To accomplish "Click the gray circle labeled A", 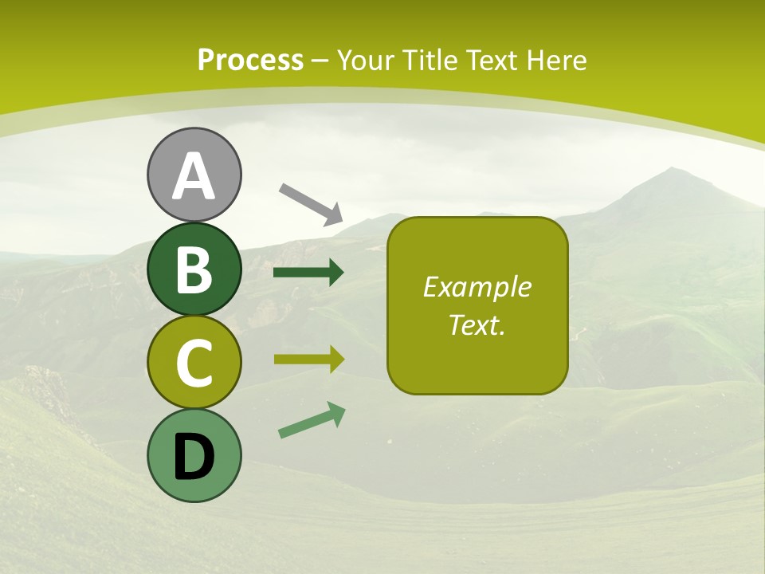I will point(194,175).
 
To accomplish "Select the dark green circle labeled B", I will point(194,269).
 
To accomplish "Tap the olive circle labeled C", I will point(194,362).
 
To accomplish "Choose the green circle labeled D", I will point(194,455).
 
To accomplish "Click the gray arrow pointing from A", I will point(311,203).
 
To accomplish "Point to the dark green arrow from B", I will point(308,273).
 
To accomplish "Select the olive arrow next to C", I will point(309,360).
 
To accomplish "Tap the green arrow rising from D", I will point(312,420).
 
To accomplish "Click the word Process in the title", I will point(250,60).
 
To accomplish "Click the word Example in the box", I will point(477,287).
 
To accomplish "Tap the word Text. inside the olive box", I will point(477,324).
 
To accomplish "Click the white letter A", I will point(194,176).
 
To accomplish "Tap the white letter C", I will point(194,363).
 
